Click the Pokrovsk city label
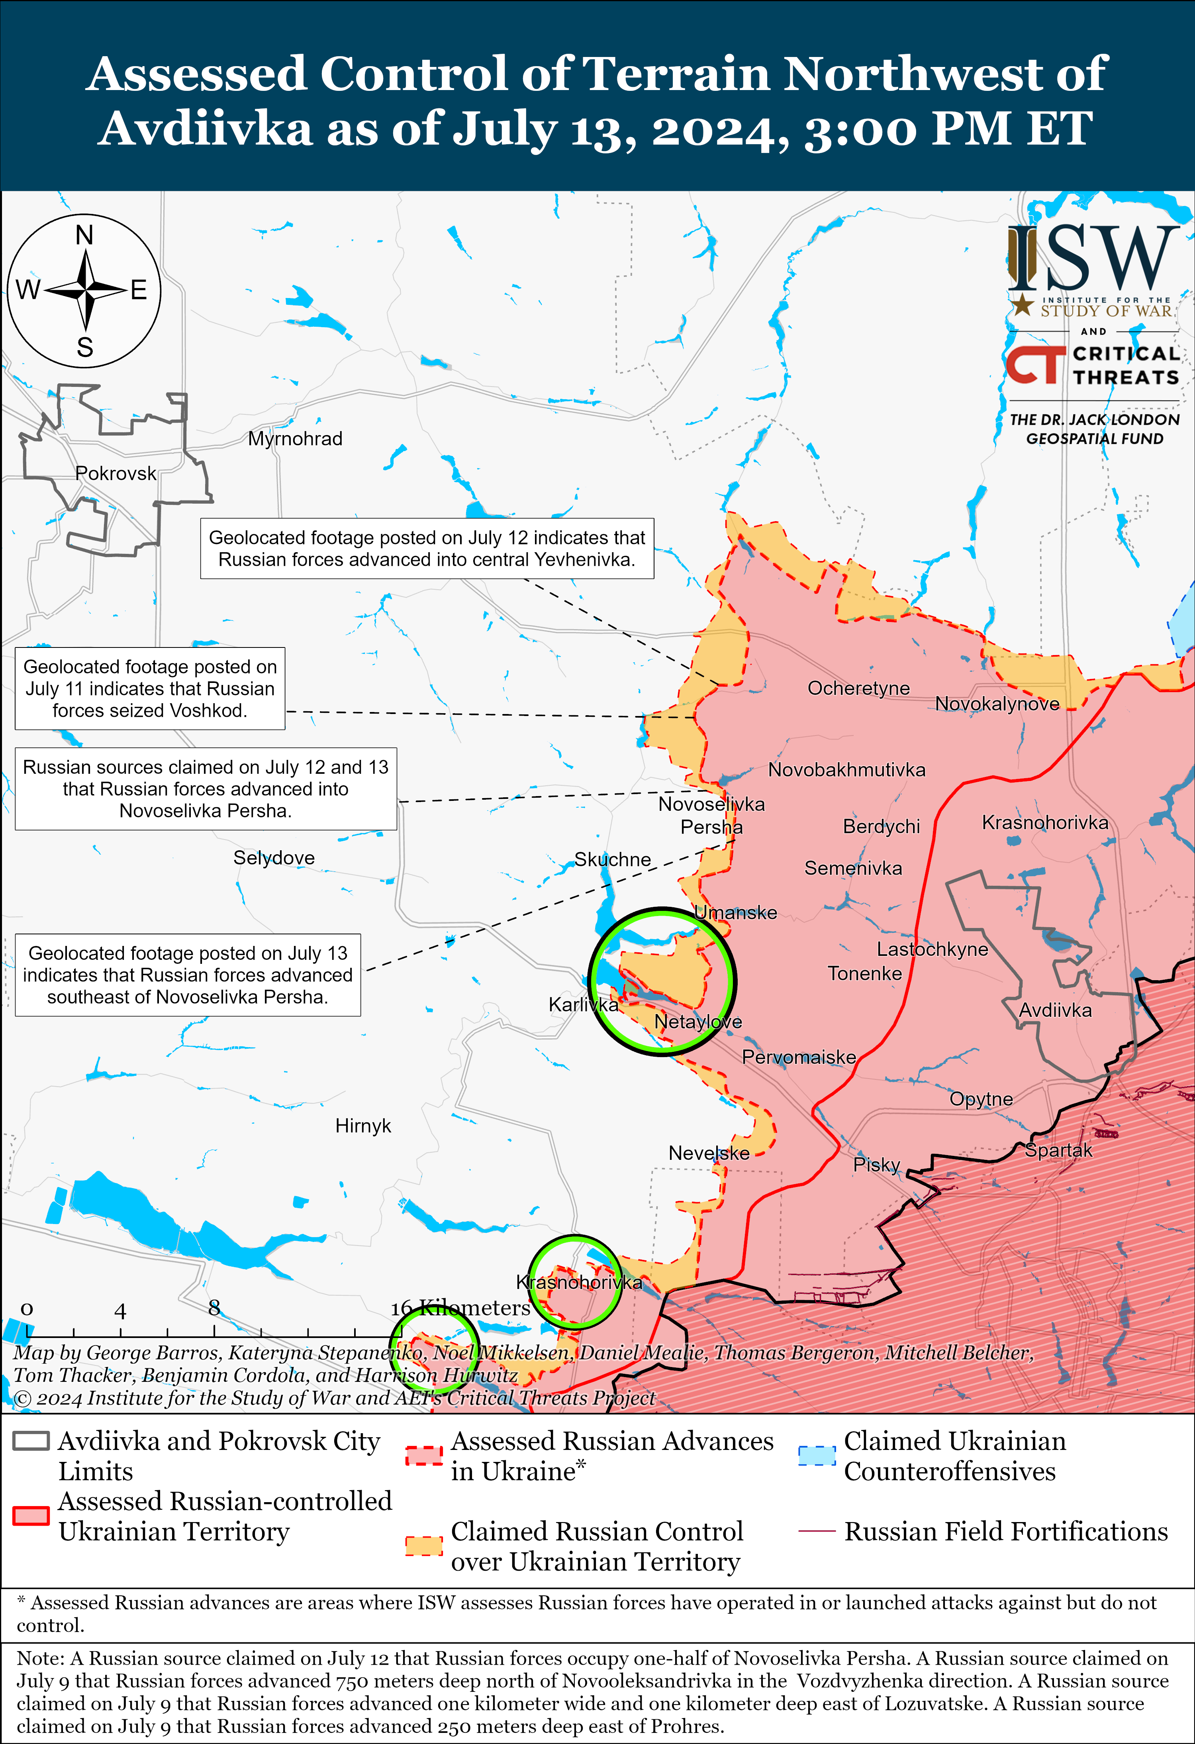click(x=116, y=473)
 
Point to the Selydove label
click(x=274, y=858)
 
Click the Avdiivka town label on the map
click(x=1055, y=1010)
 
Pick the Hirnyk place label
click(x=363, y=1126)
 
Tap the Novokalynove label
click(x=997, y=704)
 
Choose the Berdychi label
click(x=882, y=826)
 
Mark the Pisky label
click(x=876, y=1165)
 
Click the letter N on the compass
click(x=85, y=235)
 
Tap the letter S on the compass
click(x=85, y=347)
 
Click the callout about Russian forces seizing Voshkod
click(x=150, y=688)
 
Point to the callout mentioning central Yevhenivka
click(x=427, y=549)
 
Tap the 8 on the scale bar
click(x=215, y=1308)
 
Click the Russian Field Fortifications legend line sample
click(x=817, y=1532)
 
